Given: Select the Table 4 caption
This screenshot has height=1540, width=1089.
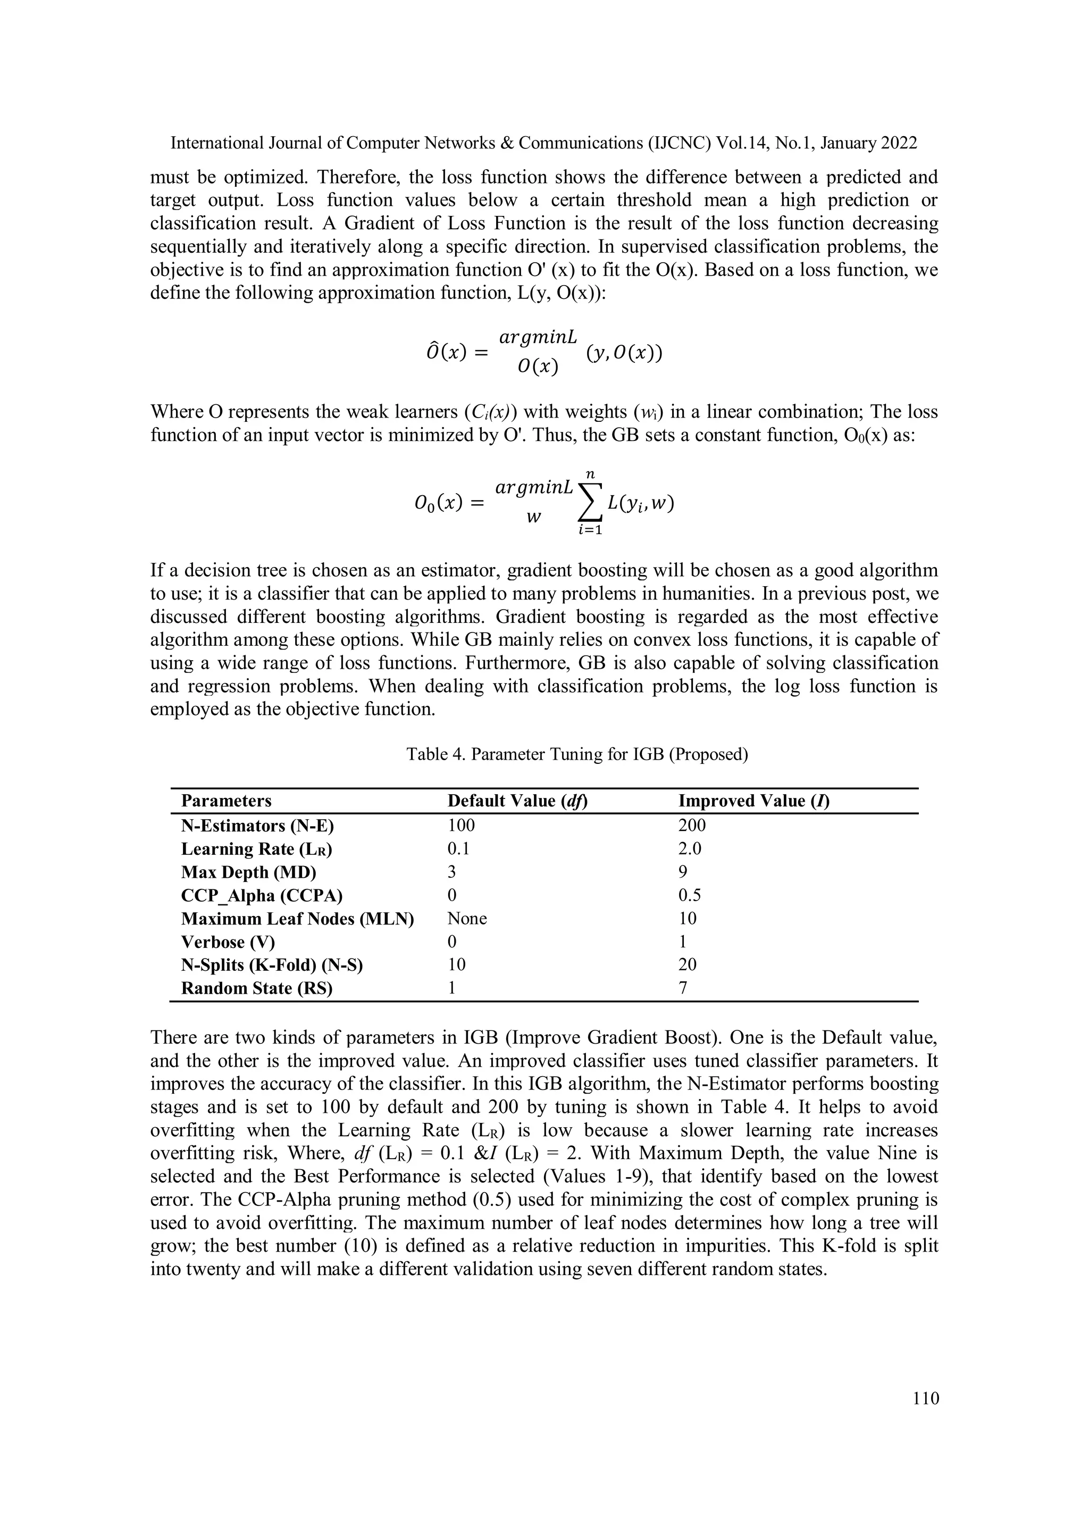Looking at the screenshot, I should (577, 754).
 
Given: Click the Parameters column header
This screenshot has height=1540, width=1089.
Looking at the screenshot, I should (226, 801).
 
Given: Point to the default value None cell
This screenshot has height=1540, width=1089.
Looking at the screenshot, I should (467, 918).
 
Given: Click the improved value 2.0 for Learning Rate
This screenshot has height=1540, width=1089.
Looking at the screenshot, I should (690, 848).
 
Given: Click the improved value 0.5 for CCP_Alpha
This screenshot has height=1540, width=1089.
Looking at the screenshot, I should (690, 895).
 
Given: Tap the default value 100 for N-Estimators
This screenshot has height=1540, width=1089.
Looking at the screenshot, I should (460, 826).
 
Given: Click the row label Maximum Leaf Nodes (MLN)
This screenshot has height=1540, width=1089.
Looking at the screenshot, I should (297, 918).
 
